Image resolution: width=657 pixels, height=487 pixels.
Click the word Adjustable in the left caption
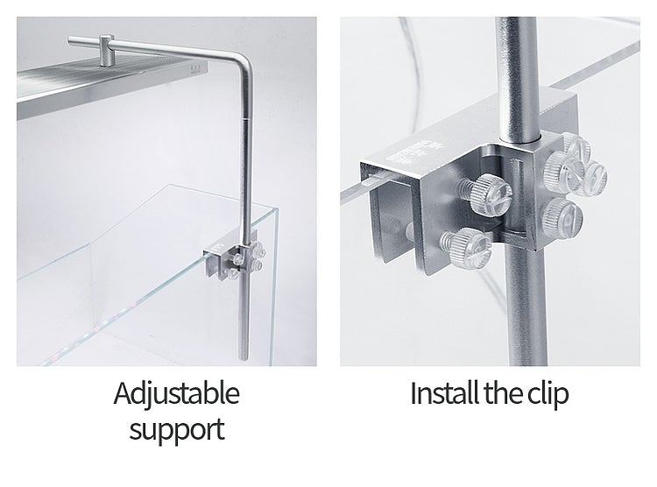pyautogui.click(x=175, y=393)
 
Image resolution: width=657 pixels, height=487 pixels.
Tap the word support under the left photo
pyautogui.click(x=175, y=429)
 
